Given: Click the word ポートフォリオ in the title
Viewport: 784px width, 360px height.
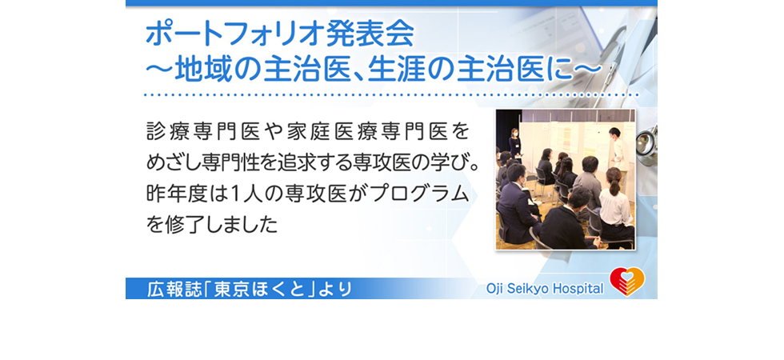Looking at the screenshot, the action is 235,34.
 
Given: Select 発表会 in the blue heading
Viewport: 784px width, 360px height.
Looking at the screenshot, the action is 370,34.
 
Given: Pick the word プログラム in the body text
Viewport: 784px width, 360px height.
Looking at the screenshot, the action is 422,194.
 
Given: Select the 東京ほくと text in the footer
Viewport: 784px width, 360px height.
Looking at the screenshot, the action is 259,290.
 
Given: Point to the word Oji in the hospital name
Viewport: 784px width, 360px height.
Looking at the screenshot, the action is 494,289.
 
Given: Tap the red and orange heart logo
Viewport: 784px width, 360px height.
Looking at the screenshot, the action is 627,282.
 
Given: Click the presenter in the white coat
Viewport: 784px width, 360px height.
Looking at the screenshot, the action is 616,150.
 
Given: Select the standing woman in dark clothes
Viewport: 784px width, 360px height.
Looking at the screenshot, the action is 514,142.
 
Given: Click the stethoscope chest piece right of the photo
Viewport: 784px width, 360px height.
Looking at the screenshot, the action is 647,145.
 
